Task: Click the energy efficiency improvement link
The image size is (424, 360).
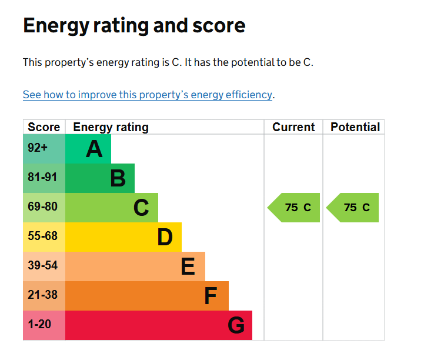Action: pos(147,95)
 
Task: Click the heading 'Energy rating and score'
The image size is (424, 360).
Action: pos(134,26)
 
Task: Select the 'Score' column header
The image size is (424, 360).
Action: pos(44,127)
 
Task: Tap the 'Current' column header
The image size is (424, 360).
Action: pos(293,127)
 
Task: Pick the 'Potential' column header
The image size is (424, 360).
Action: pos(355,127)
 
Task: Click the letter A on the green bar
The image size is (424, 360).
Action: pos(94,149)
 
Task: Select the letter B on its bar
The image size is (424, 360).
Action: pos(118,178)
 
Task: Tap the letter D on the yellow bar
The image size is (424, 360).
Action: pos(165,237)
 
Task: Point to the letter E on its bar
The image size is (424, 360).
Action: pos(188,266)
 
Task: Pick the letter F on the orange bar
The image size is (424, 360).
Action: pos(211,296)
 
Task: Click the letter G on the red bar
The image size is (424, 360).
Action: pos(235,325)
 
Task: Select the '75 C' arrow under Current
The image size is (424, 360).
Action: pos(295,208)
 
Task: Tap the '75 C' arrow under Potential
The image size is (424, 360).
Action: pos(353,208)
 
